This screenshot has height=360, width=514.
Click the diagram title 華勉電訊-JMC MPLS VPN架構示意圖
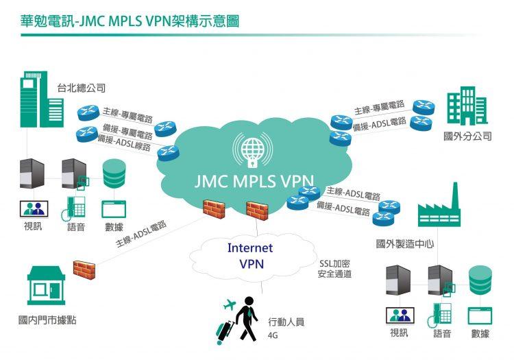(130, 21)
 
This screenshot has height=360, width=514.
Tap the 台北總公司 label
(81, 88)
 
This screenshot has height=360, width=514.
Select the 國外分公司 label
(468, 136)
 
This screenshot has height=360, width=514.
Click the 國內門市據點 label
(47, 320)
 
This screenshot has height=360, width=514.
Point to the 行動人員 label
(286, 321)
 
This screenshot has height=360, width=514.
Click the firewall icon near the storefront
(84, 269)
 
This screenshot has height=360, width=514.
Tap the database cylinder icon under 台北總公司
(114, 173)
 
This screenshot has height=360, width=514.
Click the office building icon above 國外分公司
(467, 106)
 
